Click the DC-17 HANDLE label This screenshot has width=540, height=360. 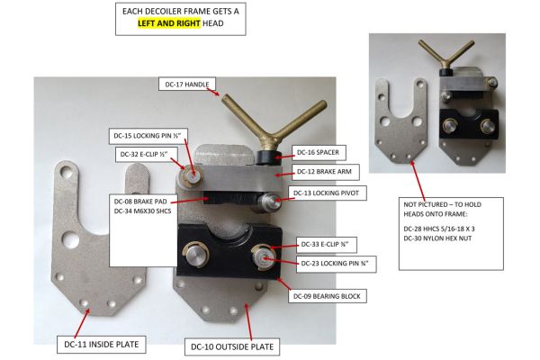pyautogui.click(x=187, y=84)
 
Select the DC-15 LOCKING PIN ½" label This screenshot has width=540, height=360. pyautogui.click(x=147, y=136)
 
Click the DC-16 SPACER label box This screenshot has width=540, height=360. pyautogui.click(x=319, y=152)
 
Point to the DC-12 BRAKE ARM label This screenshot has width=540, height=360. pyautogui.click(x=325, y=172)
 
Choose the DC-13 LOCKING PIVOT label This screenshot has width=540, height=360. pyautogui.click(x=327, y=193)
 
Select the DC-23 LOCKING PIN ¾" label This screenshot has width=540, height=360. pyautogui.click(x=336, y=264)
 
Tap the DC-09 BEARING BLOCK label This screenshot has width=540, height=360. pyautogui.click(x=328, y=296)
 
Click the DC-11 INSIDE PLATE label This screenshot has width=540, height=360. pyautogui.click(x=101, y=344)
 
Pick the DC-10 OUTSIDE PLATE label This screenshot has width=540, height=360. pyautogui.click(x=232, y=346)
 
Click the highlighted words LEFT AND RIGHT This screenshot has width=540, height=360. pyautogui.click(x=169, y=23)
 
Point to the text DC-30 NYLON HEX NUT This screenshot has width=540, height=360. pyautogui.click(x=437, y=238)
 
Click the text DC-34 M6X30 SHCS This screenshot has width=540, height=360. pyautogui.click(x=142, y=211)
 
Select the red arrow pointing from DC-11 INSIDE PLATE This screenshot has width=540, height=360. pyautogui.click(x=82, y=323)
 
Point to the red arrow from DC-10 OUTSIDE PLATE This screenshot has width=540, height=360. pyautogui.click(x=248, y=322)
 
